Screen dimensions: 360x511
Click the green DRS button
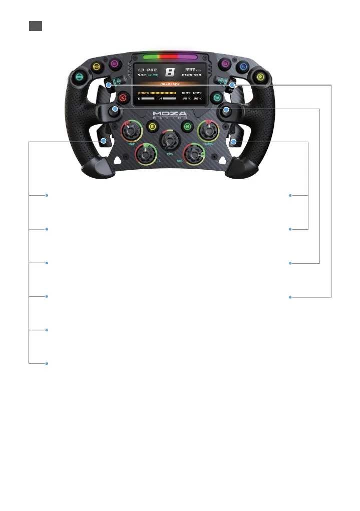[79, 77]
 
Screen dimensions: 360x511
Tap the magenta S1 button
[114, 64]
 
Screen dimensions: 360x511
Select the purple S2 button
[225, 64]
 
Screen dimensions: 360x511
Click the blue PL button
[243, 67]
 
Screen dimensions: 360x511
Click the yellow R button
[152, 127]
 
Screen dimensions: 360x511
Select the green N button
[187, 127]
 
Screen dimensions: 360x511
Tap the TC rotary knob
[146, 154]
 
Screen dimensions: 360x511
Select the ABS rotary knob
[193, 154]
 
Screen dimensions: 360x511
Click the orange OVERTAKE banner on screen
[169, 85]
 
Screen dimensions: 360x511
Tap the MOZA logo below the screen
[169, 115]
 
